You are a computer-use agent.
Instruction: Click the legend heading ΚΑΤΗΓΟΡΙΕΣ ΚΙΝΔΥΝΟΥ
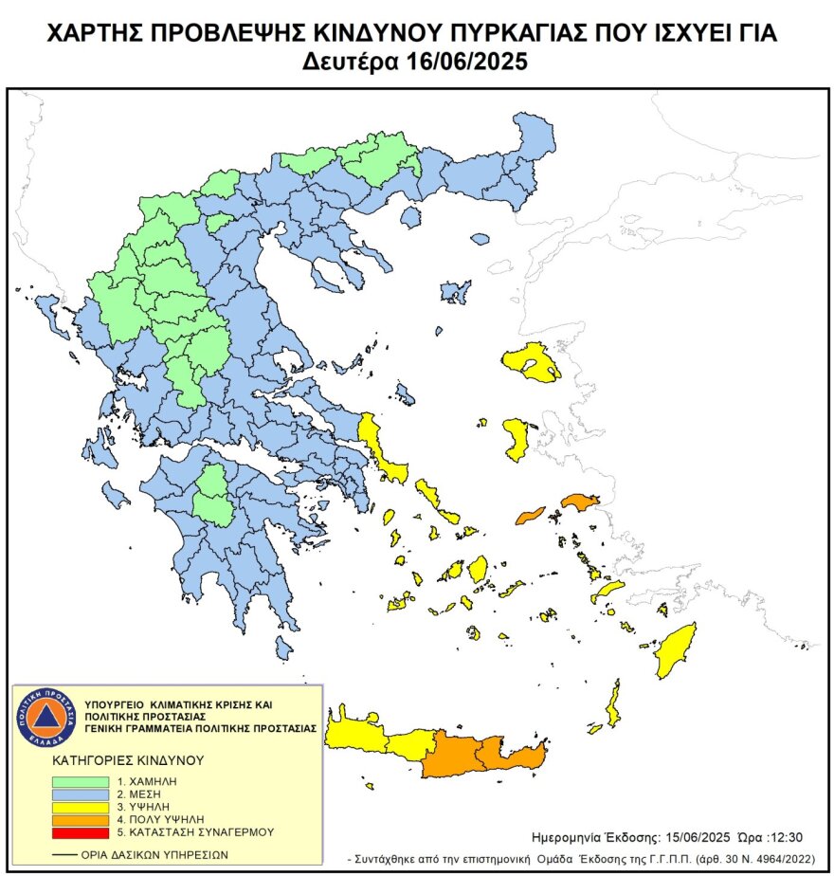click(x=128, y=760)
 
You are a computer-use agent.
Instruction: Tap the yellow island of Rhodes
click(x=677, y=649)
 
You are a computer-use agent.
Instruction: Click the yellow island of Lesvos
click(x=531, y=362)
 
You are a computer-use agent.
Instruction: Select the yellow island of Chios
click(x=517, y=438)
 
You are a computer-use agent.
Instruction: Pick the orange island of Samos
click(x=581, y=501)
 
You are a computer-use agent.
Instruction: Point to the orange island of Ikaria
click(x=531, y=515)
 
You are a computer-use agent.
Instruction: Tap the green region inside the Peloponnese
click(x=217, y=496)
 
